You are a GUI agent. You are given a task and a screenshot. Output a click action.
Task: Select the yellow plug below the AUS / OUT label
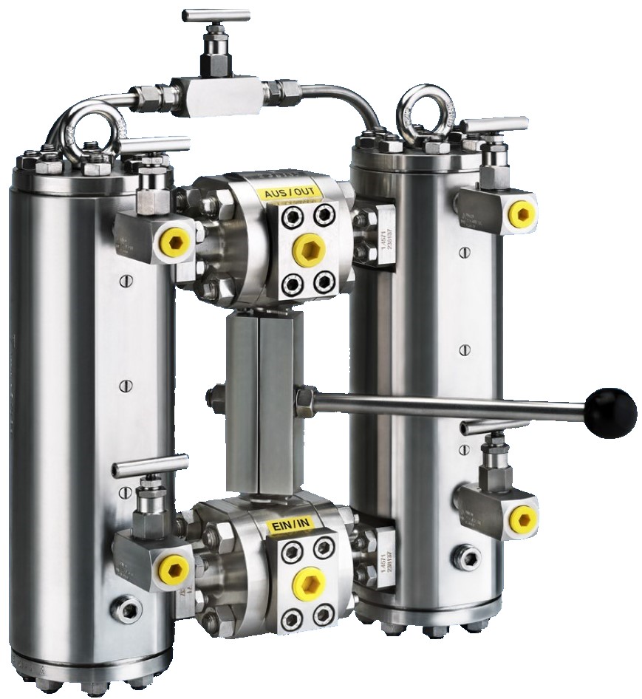click(309, 250)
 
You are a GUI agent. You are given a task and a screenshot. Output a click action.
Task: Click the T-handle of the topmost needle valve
click(216, 14)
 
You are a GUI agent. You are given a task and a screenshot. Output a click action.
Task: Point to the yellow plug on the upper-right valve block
click(522, 214)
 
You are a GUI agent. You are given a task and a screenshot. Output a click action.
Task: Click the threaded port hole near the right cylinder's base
click(466, 557)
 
